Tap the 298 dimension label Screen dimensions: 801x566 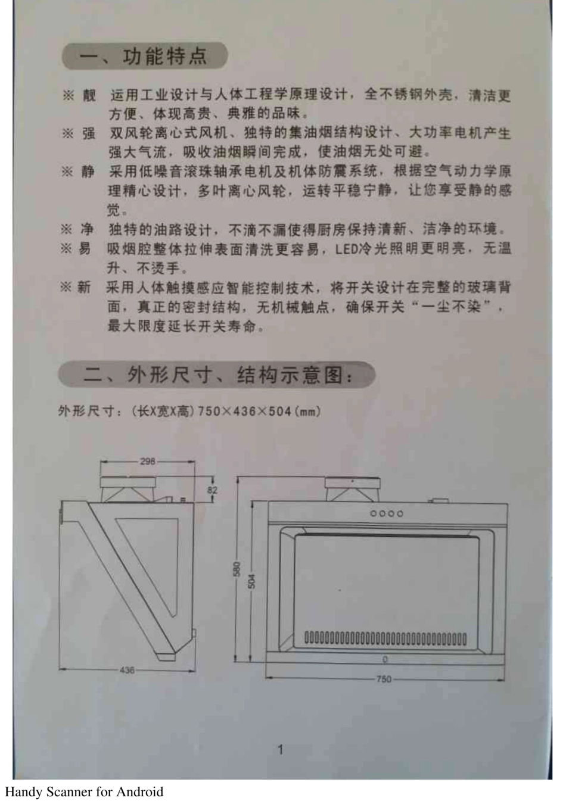[147, 461]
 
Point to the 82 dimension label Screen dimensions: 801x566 [212, 490]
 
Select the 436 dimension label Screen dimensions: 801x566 [127, 670]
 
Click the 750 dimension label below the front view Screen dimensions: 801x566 [384, 678]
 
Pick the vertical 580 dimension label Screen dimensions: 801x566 [237, 569]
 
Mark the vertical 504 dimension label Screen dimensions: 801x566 [251, 581]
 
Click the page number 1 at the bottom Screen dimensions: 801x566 [280, 749]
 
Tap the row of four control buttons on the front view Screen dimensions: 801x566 [387, 513]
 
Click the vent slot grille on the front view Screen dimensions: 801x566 [385, 640]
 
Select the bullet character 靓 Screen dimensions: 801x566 [89, 95]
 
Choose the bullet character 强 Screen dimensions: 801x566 [88, 133]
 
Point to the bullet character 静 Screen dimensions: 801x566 [88, 172]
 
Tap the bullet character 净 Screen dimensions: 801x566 [87, 229]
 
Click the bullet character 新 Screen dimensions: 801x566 [84, 288]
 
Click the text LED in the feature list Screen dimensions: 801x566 [346, 248]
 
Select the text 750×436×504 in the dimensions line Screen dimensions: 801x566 [244, 411]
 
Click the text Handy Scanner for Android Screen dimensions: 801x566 [84, 791]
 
